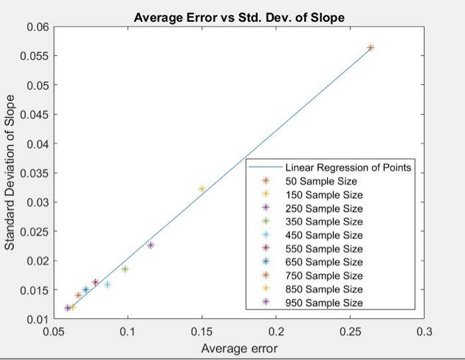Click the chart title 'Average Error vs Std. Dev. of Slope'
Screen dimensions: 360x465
pyautogui.click(x=239, y=18)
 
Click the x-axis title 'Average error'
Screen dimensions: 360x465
pyautogui.click(x=239, y=348)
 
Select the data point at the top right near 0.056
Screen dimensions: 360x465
pyautogui.click(x=371, y=48)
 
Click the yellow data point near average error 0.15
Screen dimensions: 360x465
pyautogui.click(x=202, y=189)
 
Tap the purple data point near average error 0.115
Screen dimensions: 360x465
pyautogui.click(x=150, y=245)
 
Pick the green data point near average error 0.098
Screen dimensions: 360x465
pyautogui.click(x=125, y=269)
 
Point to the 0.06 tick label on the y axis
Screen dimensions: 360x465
pyautogui.click(x=38, y=27)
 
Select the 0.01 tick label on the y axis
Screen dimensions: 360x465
pyautogui.click(x=38, y=319)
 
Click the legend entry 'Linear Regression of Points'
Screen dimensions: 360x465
pyautogui.click(x=347, y=167)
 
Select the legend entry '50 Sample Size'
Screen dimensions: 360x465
pyautogui.click(x=321, y=181)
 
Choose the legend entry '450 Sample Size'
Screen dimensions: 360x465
pyautogui.click(x=324, y=235)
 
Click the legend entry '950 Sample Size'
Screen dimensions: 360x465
pyautogui.click(x=324, y=303)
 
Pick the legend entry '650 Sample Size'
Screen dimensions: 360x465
pyautogui.click(x=324, y=262)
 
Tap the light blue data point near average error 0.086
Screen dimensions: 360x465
pyautogui.click(x=107, y=284)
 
